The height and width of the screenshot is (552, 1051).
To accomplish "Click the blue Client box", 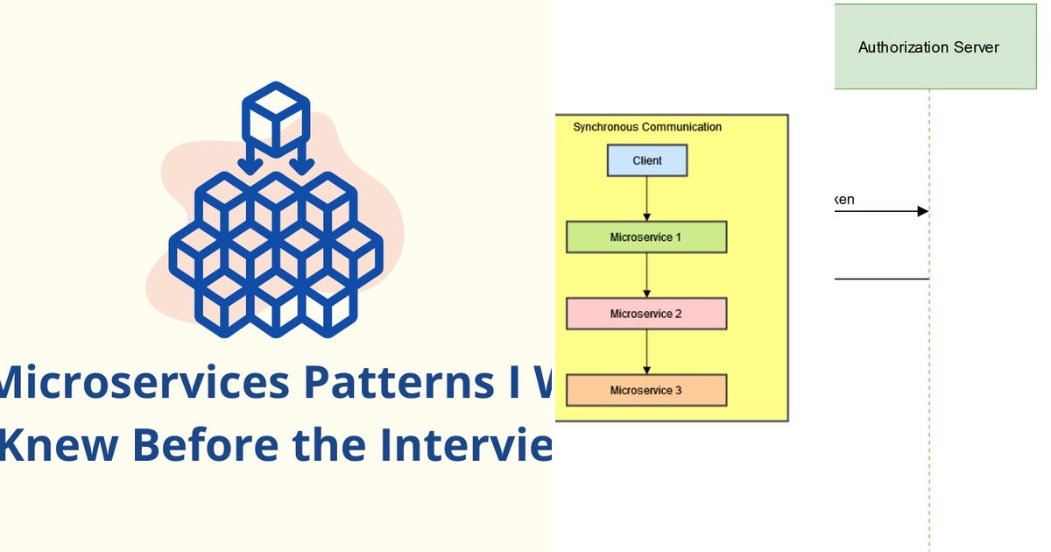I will (647, 160).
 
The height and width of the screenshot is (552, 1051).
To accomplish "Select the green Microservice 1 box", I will (645, 237).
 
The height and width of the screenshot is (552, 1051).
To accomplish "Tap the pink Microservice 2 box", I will (645, 314).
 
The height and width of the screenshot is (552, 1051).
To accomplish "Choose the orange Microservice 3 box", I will (645, 390).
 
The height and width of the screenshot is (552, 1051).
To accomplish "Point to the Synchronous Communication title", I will (647, 127).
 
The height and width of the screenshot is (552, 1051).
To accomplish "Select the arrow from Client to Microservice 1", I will (647, 199).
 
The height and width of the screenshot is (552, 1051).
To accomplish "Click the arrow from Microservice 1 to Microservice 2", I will (647, 275).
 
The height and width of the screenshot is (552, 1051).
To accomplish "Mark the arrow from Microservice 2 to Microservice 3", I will (647, 351).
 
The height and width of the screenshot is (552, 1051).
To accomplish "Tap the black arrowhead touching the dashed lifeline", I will (922, 211).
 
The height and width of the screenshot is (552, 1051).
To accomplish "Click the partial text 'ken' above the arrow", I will (844, 200).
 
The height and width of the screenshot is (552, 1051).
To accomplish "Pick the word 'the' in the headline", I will (329, 444).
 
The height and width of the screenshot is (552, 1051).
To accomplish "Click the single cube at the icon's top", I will (275, 118).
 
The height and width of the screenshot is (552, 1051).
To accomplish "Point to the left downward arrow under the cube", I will (250, 160).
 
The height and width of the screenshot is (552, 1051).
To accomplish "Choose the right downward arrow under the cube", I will (302, 160).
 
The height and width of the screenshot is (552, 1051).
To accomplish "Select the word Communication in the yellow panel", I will (681, 127).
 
